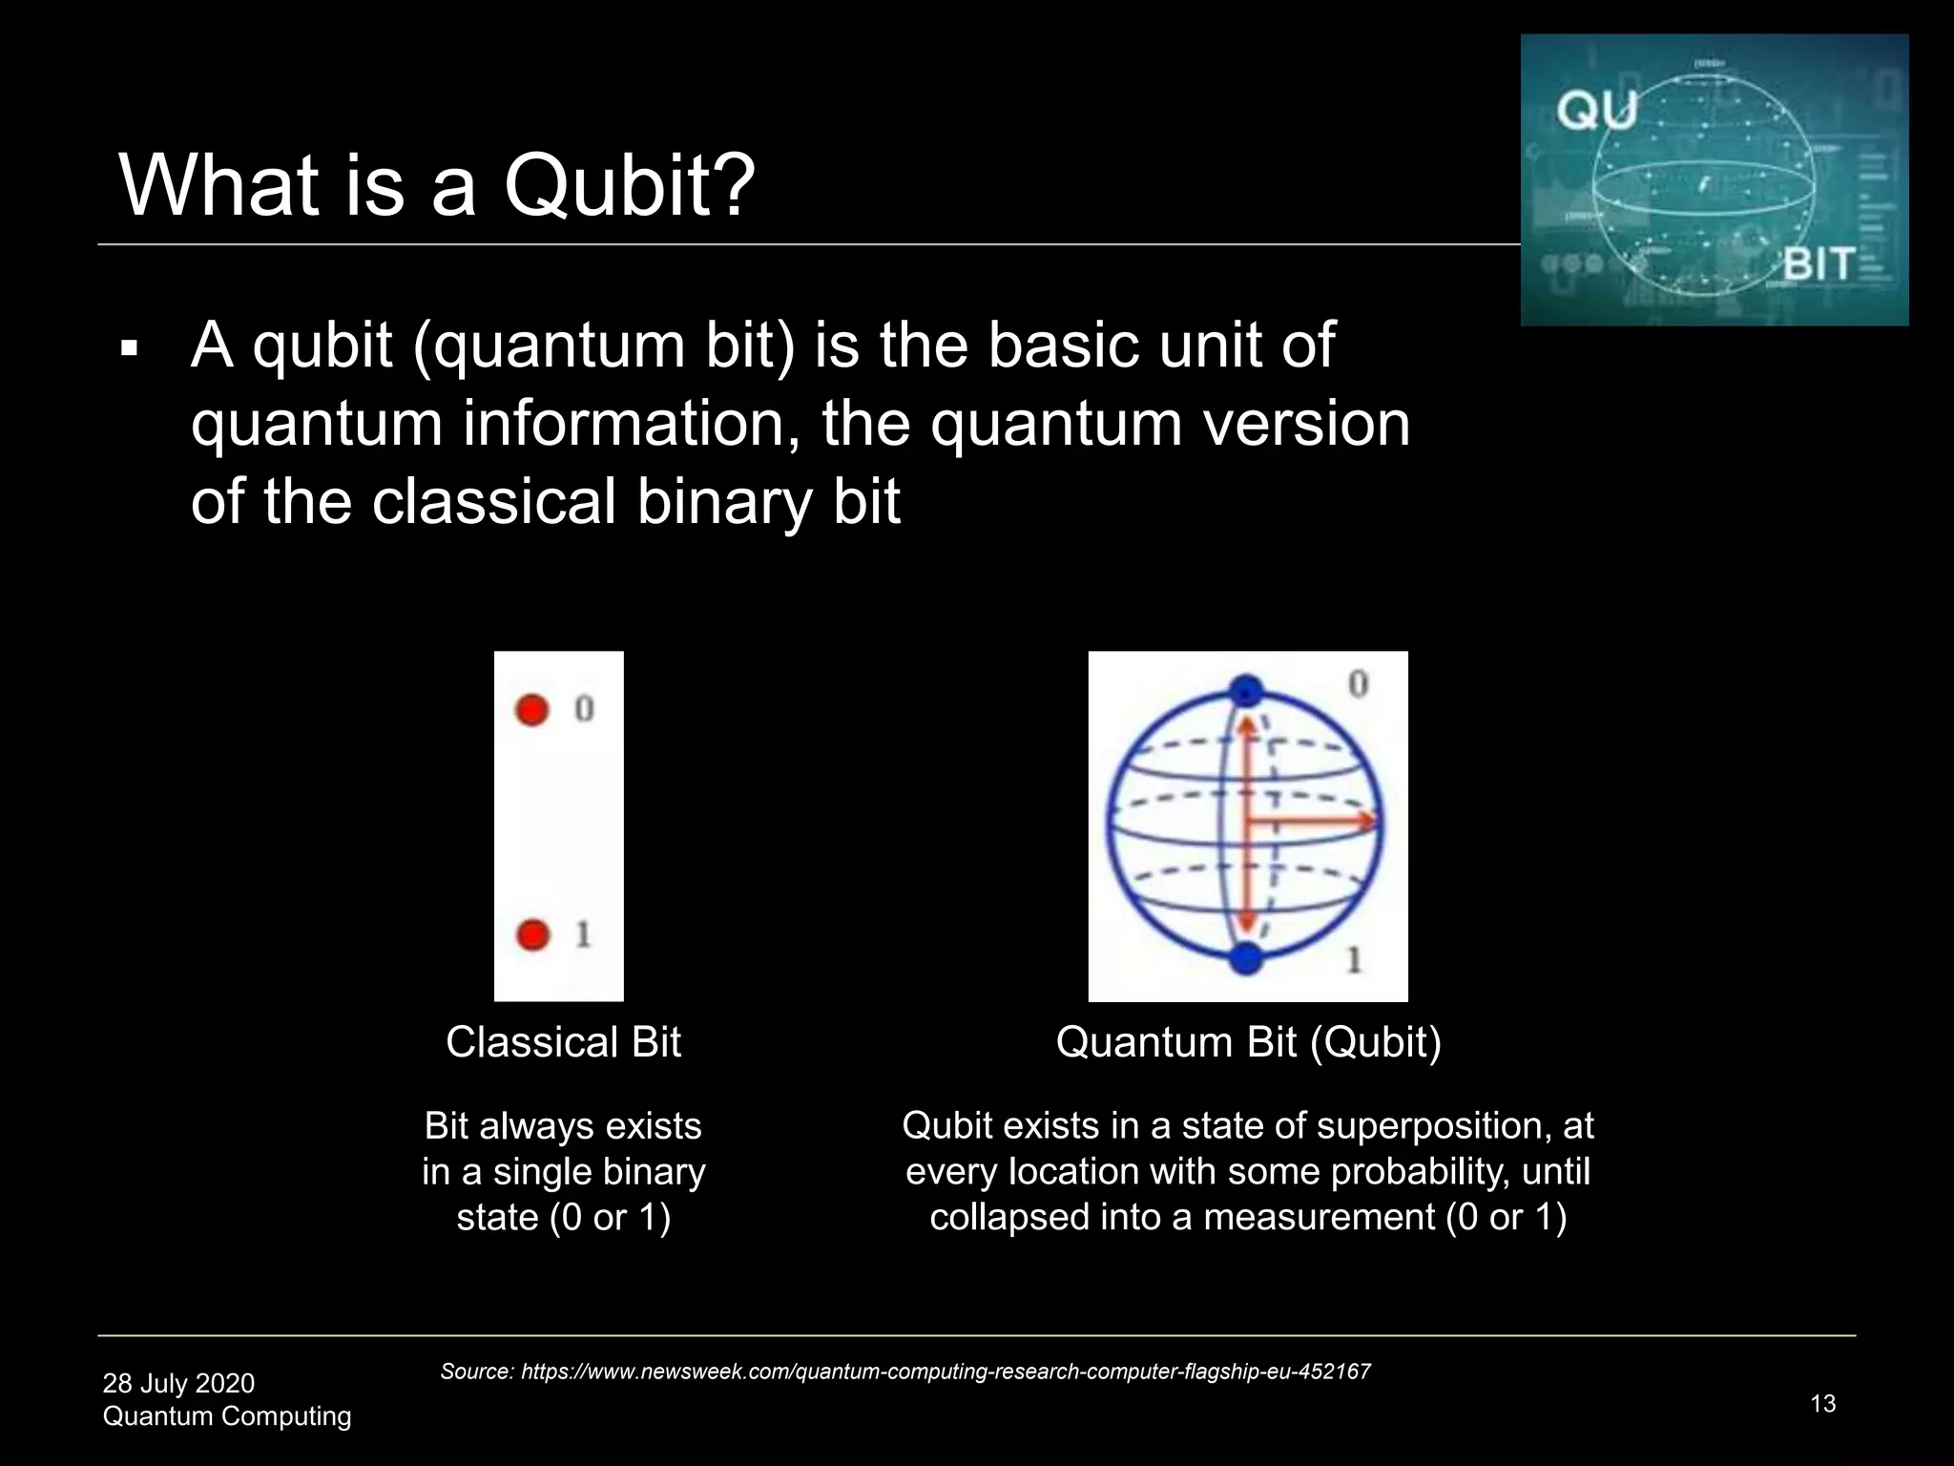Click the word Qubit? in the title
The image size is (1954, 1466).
[x=630, y=185]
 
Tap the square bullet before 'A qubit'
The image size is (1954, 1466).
[x=130, y=350]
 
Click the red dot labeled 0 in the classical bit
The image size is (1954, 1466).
[x=532, y=709]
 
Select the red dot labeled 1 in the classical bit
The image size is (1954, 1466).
[x=533, y=934]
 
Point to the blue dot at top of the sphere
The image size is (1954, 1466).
[x=1246, y=691]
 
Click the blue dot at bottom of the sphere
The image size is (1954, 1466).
[x=1246, y=957]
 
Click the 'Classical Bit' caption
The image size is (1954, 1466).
[x=563, y=1042]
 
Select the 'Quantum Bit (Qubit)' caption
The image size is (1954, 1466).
[x=1248, y=1042]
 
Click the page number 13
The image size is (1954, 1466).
[x=1822, y=1404]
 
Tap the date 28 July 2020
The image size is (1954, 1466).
[x=178, y=1383]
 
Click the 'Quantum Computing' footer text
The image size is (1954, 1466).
[x=227, y=1416]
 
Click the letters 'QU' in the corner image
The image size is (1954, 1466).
[x=1596, y=111]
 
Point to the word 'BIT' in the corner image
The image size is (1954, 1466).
[x=1819, y=264]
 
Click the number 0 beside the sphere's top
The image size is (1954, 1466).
[x=1358, y=683]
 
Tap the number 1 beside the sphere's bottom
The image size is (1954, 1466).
[x=1354, y=959]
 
